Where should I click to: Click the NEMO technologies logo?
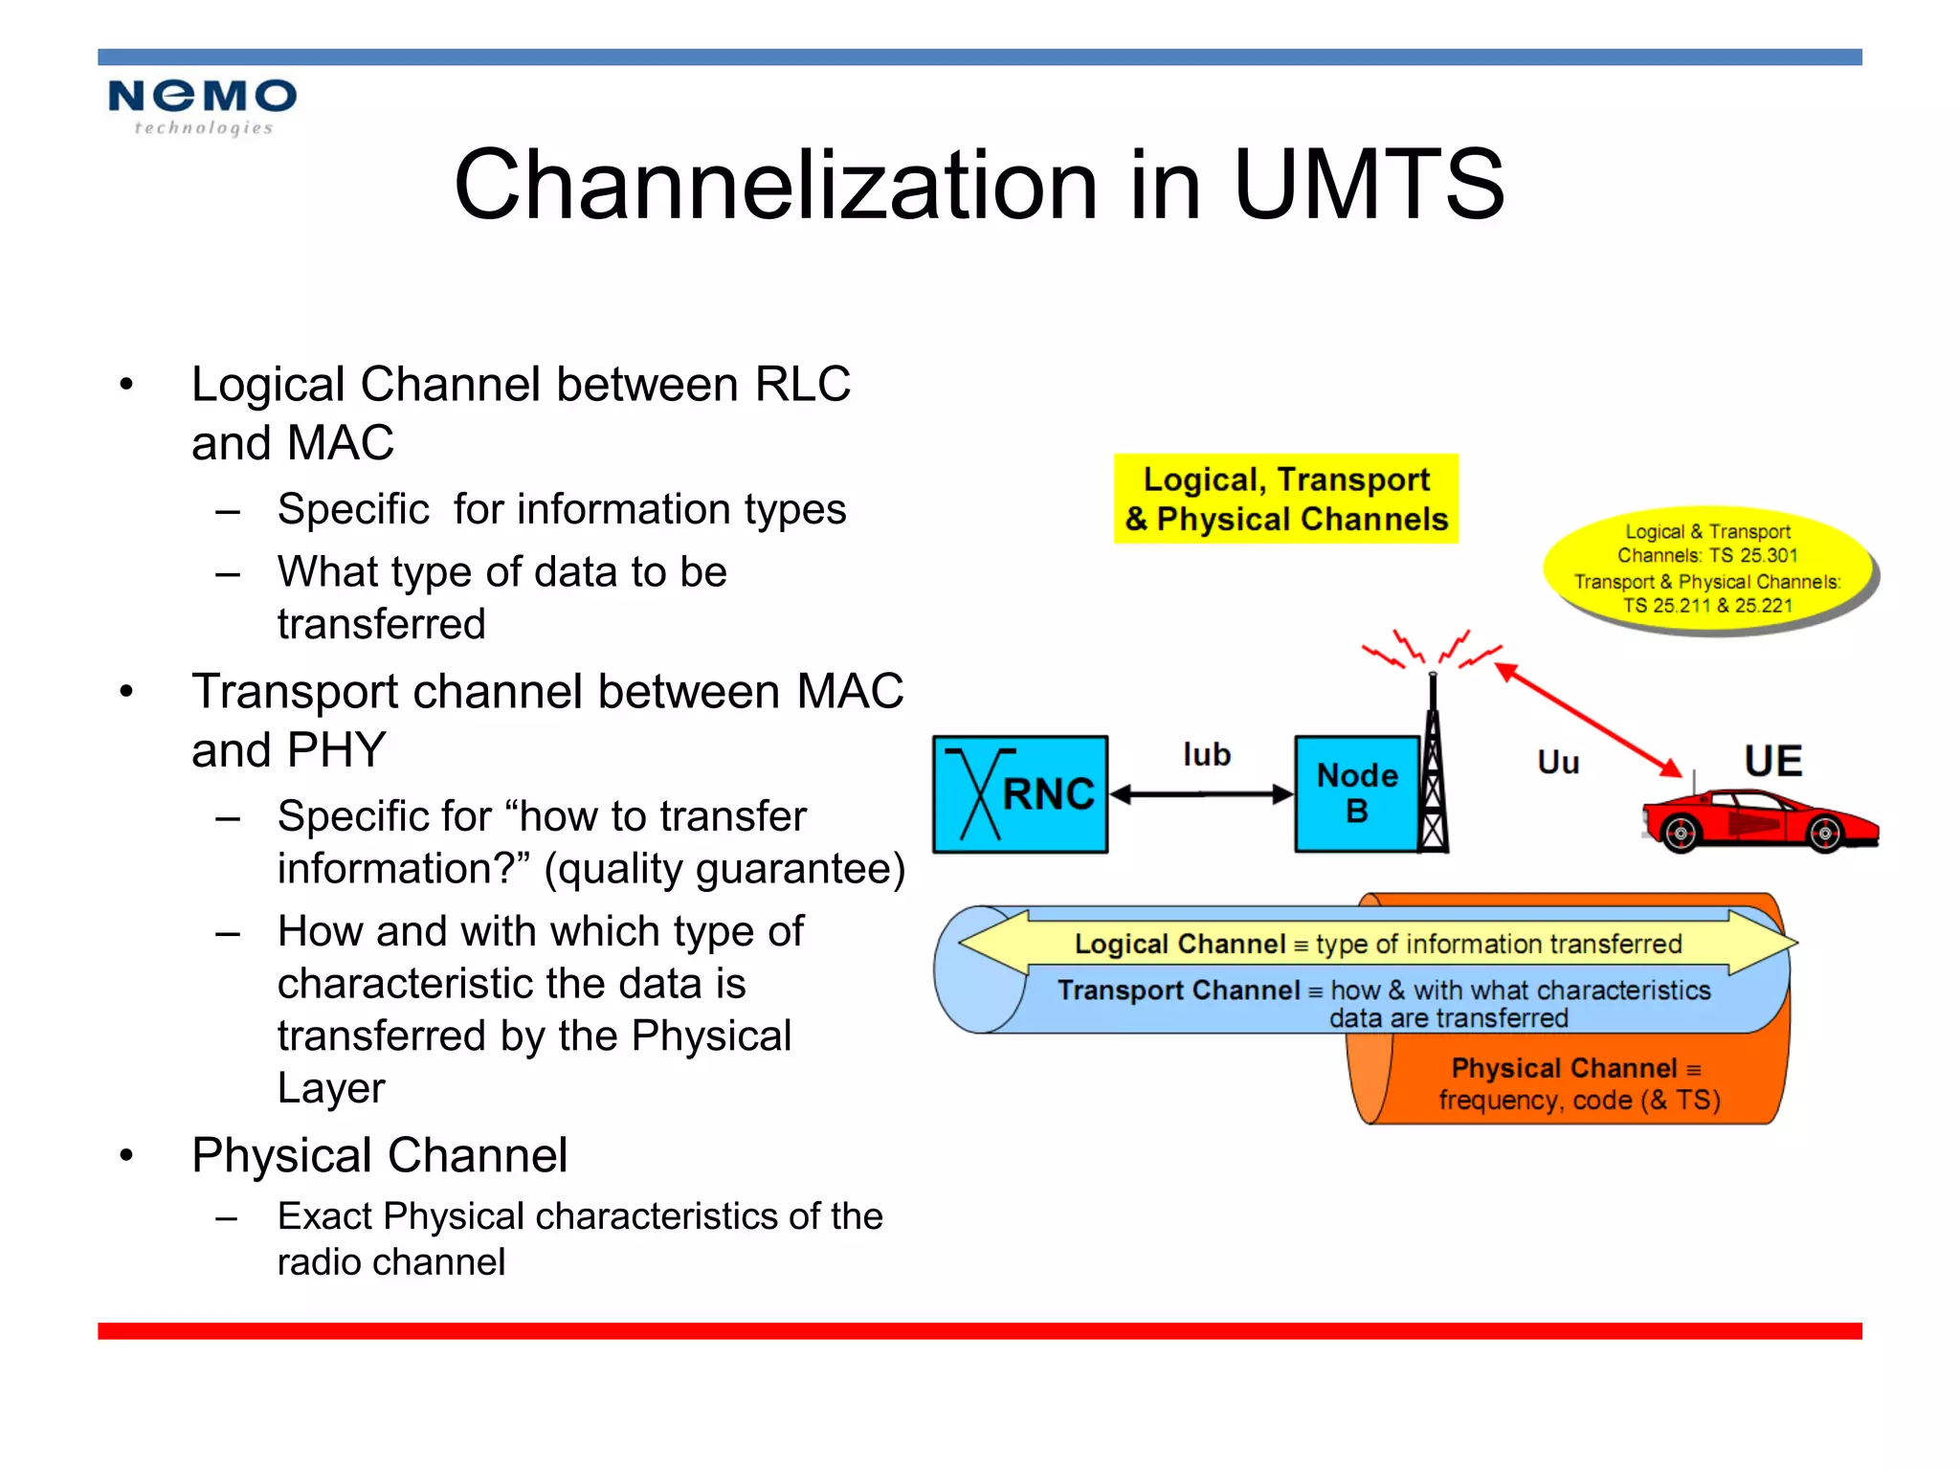tap(202, 106)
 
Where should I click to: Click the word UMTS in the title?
tap(1369, 185)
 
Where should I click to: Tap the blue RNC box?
tap(1020, 794)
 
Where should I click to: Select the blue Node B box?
tap(1356, 794)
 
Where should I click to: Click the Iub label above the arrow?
tap(1206, 755)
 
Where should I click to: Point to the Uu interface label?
tap(1558, 763)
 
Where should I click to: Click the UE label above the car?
tap(1772, 762)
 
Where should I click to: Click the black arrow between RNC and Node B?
tap(1202, 794)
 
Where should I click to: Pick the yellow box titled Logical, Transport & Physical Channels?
tap(1285, 499)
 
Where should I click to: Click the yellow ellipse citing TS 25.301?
tap(1707, 568)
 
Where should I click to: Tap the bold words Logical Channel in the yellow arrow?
tap(1179, 945)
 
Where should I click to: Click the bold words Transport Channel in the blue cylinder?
tap(1178, 990)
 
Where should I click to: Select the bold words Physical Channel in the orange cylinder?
tap(1564, 1068)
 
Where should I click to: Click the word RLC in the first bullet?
tap(802, 385)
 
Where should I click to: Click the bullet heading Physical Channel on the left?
tap(379, 1155)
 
